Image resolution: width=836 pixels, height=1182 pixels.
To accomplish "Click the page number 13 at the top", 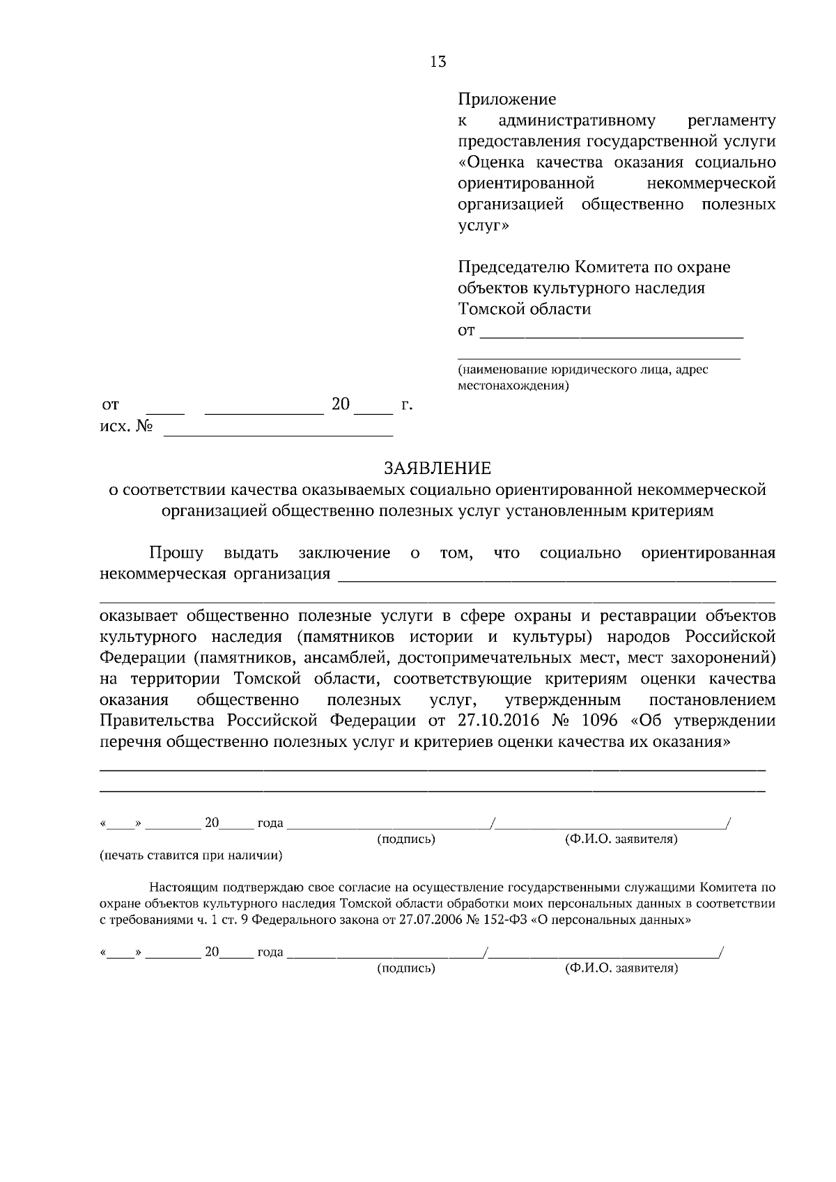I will (x=438, y=62).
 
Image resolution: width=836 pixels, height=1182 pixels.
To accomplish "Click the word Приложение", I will (x=506, y=99).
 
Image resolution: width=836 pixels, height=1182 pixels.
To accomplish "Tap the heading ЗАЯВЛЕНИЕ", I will (x=438, y=468).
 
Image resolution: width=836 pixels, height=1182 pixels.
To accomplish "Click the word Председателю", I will (x=513, y=267).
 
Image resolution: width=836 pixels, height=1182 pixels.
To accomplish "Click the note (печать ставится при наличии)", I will (x=191, y=855).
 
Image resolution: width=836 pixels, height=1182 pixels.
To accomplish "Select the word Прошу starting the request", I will (x=176, y=553).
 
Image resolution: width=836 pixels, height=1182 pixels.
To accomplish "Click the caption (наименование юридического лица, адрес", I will (x=582, y=370).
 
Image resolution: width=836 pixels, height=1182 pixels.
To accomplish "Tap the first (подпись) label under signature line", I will (x=406, y=840).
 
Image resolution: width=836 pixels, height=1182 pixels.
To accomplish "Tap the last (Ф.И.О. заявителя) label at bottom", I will (x=621, y=968).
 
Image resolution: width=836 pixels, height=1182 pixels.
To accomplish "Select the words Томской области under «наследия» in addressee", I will (x=524, y=309).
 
